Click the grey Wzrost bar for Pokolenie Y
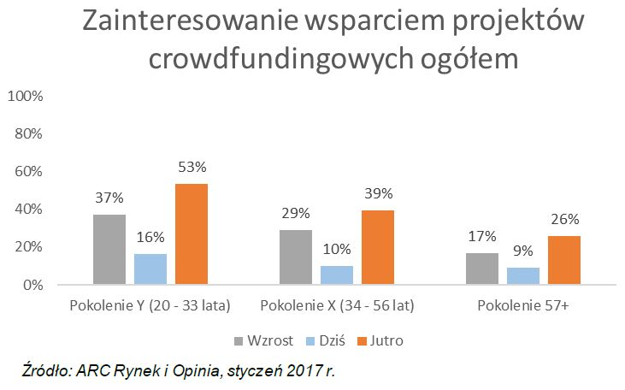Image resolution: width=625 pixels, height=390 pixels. [x=109, y=249]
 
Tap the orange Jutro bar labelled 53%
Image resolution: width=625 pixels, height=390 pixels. [x=191, y=233]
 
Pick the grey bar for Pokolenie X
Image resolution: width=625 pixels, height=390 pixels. [x=296, y=257]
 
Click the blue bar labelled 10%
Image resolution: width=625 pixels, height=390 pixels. [x=337, y=275]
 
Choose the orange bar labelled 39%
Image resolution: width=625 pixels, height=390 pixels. [x=377, y=247]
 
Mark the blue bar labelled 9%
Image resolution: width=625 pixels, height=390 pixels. [x=523, y=275]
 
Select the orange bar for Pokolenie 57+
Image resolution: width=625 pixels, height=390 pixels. [x=564, y=259]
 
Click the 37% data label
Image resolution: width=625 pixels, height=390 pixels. [x=109, y=199]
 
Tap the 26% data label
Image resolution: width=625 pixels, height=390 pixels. [x=564, y=220]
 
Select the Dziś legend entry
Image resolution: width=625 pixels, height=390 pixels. [x=328, y=340]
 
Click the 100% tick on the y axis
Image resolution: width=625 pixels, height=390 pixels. [x=25, y=96]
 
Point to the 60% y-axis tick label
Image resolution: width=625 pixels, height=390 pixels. [x=28, y=171]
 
